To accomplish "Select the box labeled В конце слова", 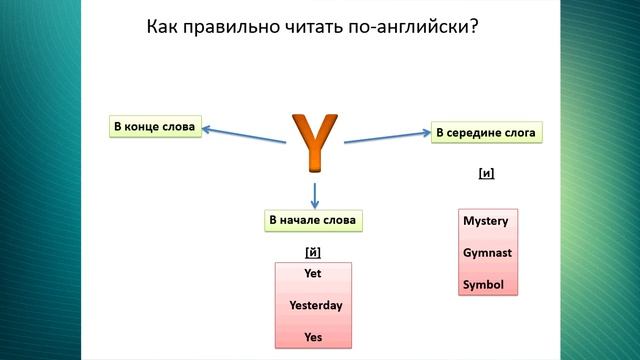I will point(154,127).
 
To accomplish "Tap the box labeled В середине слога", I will point(486,132).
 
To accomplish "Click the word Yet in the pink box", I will point(313,273).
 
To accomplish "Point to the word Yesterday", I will point(315,305).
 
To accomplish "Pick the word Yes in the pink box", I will point(313,338).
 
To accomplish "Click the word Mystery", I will point(486,221).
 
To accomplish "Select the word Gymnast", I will point(487,253).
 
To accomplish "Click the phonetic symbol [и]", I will point(487,173).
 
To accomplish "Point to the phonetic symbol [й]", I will point(312,251).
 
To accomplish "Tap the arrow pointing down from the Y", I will point(315,192).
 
